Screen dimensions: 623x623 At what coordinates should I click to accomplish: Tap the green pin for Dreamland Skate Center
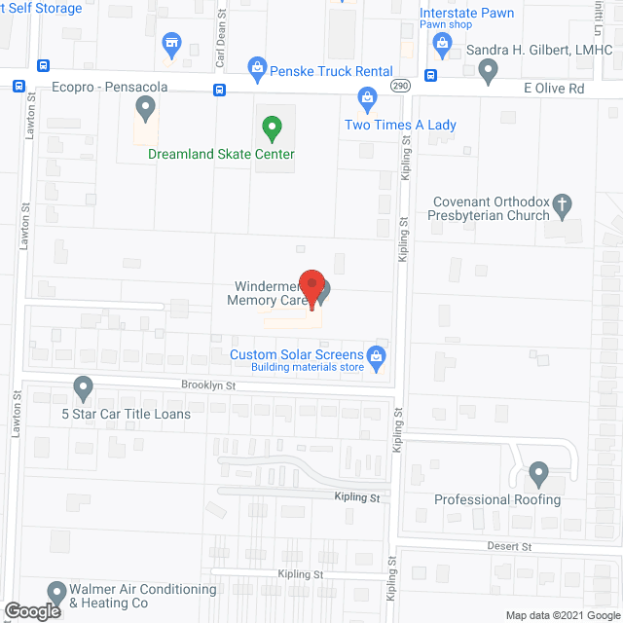tap(273, 127)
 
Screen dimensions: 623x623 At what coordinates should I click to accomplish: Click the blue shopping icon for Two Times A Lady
tap(367, 97)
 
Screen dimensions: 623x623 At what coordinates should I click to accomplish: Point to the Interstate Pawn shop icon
tap(442, 42)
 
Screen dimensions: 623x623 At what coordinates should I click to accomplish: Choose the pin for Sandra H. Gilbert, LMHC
tap(489, 69)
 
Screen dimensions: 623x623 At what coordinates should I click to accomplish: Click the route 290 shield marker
tap(400, 87)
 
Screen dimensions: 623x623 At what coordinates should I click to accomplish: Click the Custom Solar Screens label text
tap(297, 354)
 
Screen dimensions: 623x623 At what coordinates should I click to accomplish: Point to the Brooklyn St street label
tap(208, 385)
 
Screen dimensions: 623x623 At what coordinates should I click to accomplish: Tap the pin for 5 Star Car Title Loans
tap(84, 388)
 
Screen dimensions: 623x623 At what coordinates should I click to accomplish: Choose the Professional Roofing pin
tap(538, 475)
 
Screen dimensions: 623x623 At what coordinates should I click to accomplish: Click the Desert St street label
tap(510, 548)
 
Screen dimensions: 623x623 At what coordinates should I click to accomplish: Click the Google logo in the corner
tap(31, 610)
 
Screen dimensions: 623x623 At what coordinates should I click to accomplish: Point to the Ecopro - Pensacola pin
tap(146, 109)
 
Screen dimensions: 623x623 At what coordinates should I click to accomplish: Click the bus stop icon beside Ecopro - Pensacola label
tap(19, 86)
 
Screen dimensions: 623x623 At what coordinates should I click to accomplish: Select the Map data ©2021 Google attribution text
tap(561, 614)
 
